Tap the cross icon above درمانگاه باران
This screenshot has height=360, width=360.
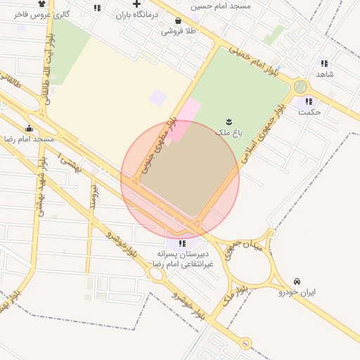136,4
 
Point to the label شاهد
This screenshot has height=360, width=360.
324,74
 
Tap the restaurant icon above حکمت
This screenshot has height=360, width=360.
308,101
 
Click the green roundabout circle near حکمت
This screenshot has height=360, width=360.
301,86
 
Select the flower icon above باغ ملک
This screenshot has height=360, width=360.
229,122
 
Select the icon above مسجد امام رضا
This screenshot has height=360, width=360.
29,129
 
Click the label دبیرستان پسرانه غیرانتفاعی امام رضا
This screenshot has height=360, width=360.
182,258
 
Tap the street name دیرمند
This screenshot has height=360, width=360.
92,198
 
